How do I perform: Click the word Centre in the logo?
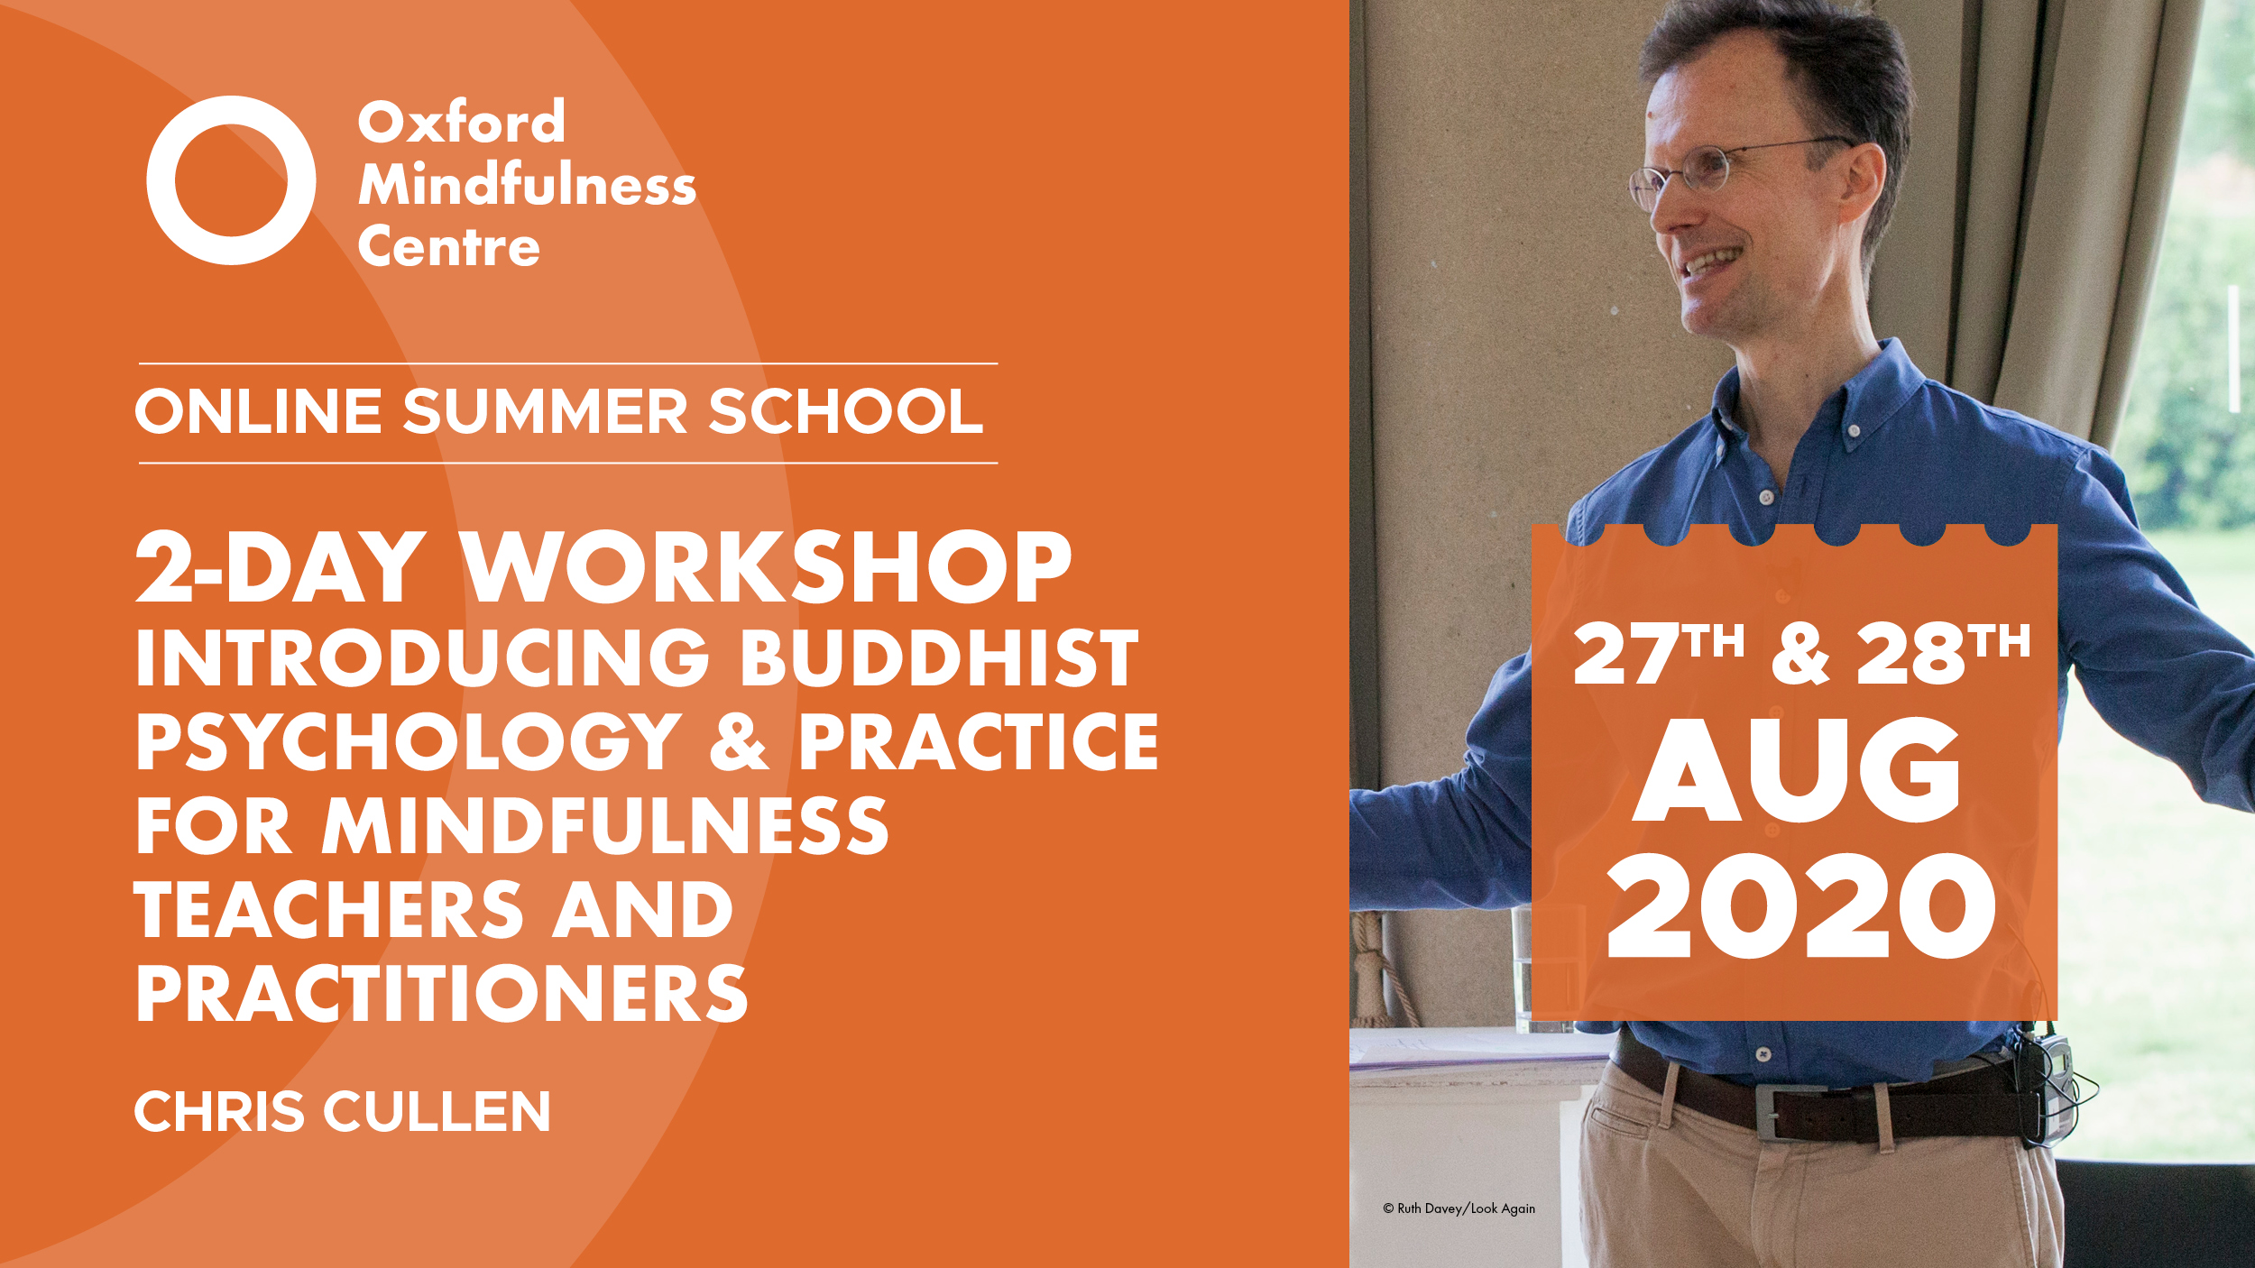(x=449, y=246)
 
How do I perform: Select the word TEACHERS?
(x=329, y=910)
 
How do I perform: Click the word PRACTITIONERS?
(x=442, y=993)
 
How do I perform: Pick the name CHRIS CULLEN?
(x=343, y=1111)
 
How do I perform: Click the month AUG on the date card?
(x=1798, y=769)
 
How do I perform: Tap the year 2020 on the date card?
(x=1801, y=905)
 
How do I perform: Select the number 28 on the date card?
(x=1911, y=653)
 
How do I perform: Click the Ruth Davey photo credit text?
(x=1459, y=1208)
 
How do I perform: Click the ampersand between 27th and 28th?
(x=1800, y=653)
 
